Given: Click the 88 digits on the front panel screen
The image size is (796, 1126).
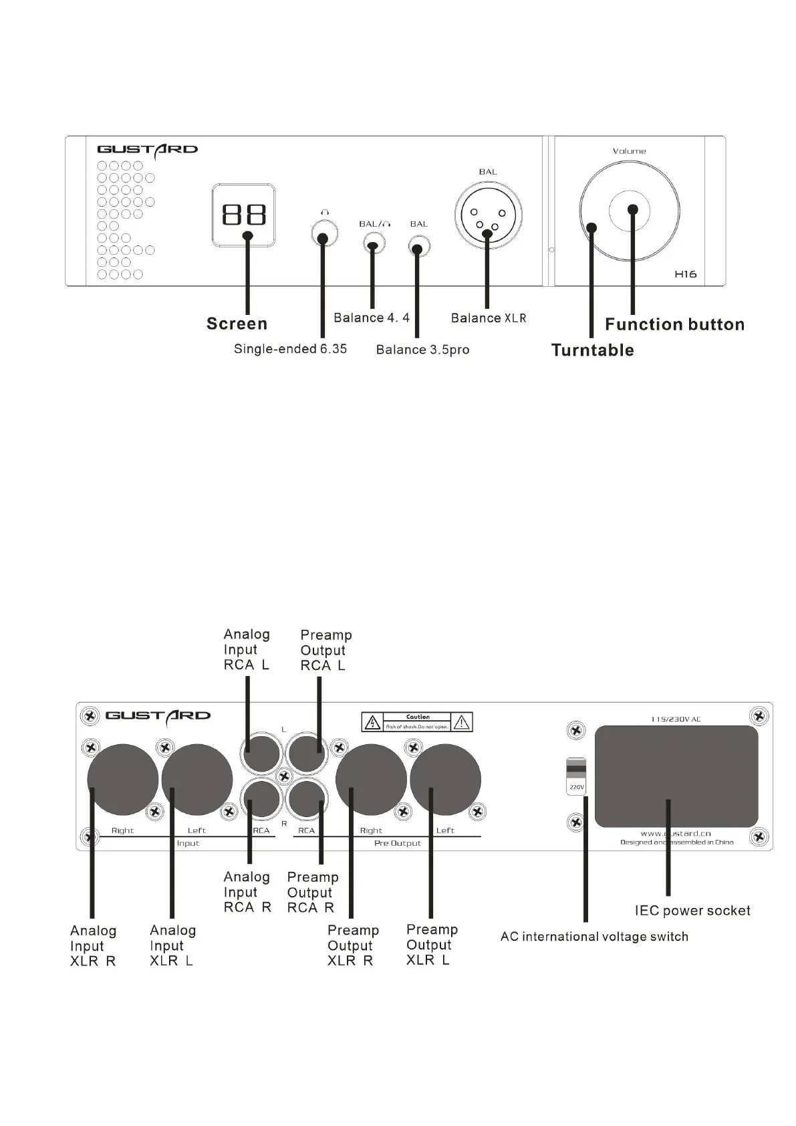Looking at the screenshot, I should tap(244, 215).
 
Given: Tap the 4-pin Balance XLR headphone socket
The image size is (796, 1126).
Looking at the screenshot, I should tap(488, 215).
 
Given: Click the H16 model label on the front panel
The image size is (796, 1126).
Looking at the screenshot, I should tap(686, 274).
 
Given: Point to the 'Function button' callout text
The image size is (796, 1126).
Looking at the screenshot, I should tap(674, 325).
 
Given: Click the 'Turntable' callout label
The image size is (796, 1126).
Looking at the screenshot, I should tap(592, 350).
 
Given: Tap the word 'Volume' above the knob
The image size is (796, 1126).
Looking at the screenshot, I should tap(629, 151).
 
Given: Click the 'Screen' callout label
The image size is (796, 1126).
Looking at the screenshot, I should tap(237, 324).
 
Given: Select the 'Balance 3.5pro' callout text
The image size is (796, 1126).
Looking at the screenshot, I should tap(422, 350).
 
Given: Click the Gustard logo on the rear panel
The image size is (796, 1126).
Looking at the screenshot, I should tap(158, 715).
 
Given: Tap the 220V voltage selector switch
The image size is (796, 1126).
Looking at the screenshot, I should tap(576, 776).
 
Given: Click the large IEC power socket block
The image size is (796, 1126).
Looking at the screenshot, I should tap(676, 776).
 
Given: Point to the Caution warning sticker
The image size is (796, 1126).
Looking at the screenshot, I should tap(417, 721).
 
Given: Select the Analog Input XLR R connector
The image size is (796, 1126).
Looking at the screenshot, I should tap(122, 780).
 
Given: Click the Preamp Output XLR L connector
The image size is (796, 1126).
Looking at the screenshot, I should tap(445, 780).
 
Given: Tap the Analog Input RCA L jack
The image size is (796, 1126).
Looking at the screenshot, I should tap(261, 753).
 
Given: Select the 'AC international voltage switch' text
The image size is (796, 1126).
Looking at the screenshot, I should tap(594, 937).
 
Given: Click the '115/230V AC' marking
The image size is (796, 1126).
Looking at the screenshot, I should tap(676, 719).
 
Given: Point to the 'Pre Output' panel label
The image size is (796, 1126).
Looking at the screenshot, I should tap(398, 843).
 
